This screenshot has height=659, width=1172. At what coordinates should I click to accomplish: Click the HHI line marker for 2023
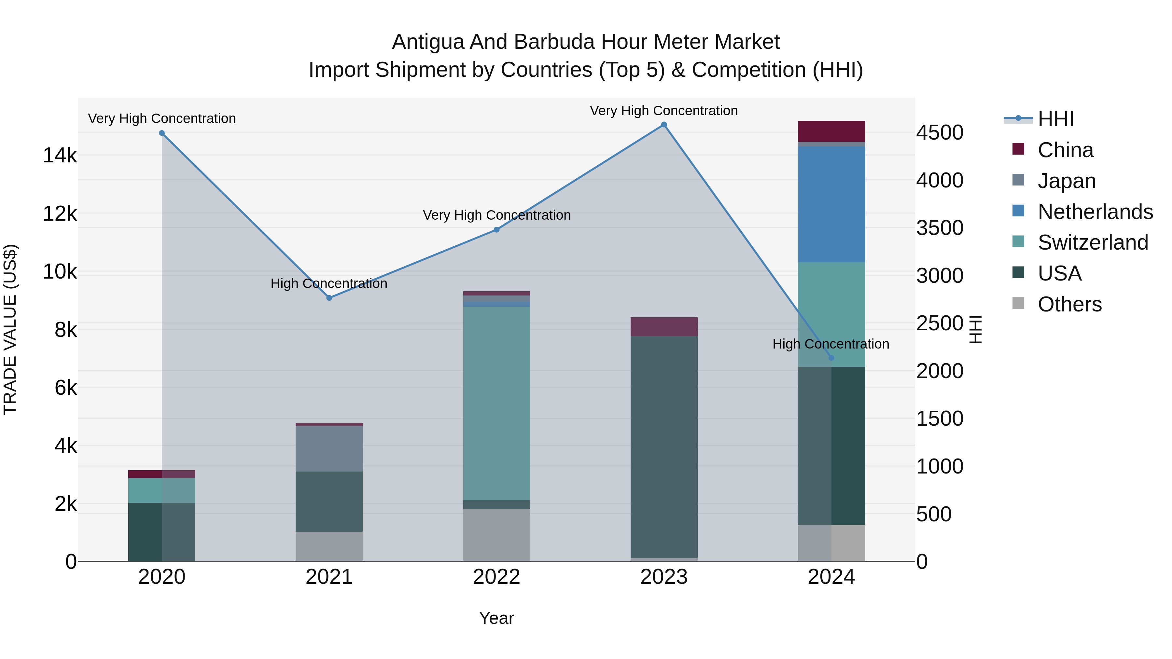[x=664, y=125]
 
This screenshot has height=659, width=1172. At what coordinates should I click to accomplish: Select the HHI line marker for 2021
[x=329, y=298]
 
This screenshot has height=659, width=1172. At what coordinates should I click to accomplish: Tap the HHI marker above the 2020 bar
[x=162, y=133]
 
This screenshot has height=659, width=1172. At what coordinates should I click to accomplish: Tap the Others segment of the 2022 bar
[x=496, y=534]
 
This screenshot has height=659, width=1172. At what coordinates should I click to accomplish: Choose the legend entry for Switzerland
[x=1092, y=242]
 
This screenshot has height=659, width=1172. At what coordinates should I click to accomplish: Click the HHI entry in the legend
[x=1055, y=119]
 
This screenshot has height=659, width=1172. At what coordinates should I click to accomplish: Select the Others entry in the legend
[x=1069, y=304]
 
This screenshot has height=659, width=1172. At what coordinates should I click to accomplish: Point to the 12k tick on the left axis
[x=60, y=213]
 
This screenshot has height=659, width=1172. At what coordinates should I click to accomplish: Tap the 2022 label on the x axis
[x=496, y=577]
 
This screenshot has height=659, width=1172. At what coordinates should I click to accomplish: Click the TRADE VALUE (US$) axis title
[x=10, y=329]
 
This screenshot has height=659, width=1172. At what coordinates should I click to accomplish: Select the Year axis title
[x=496, y=618]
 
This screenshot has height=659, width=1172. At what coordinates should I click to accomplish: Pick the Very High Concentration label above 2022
[x=496, y=215]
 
